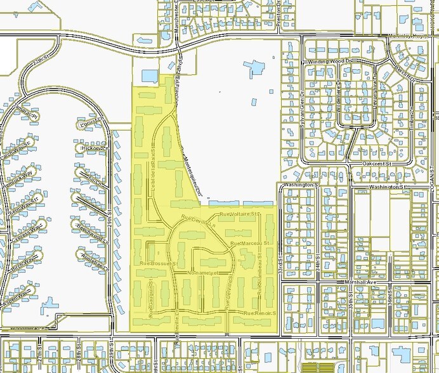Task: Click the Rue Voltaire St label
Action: [x=239, y=215]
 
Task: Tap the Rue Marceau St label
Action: [x=250, y=243]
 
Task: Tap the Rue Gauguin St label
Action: [x=151, y=298]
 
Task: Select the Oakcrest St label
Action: [x=379, y=163]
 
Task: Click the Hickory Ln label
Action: [x=96, y=148]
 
